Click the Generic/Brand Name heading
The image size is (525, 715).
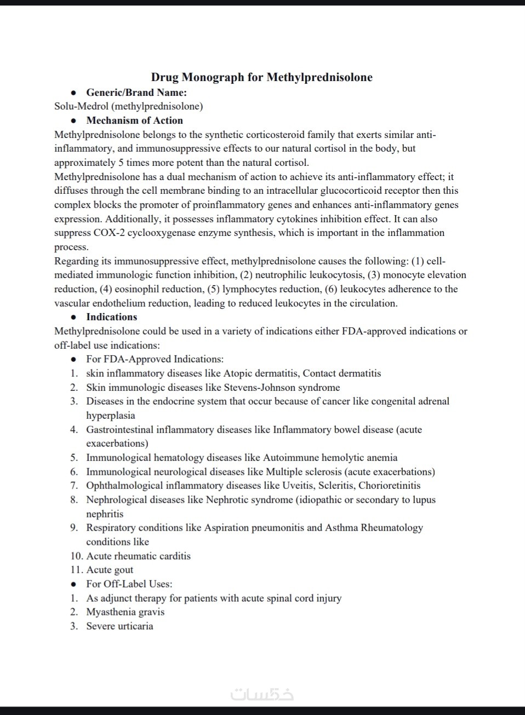(x=136, y=93)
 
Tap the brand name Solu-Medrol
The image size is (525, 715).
(x=81, y=106)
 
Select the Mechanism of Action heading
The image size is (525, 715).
(x=134, y=120)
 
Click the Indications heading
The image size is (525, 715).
(x=111, y=317)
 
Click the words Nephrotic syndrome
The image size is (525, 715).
(x=249, y=500)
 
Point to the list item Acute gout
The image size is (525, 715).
(x=110, y=570)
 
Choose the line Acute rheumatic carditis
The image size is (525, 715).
(x=138, y=556)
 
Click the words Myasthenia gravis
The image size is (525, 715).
(x=125, y=612)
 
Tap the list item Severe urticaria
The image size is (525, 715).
(x=119, y=626)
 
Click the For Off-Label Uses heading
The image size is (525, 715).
(x=129, y=584)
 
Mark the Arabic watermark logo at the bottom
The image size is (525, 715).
(x=262, y=694)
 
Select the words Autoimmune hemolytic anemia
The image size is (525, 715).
(x=330, y=458)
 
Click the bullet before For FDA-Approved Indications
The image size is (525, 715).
(x=73, y=360)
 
